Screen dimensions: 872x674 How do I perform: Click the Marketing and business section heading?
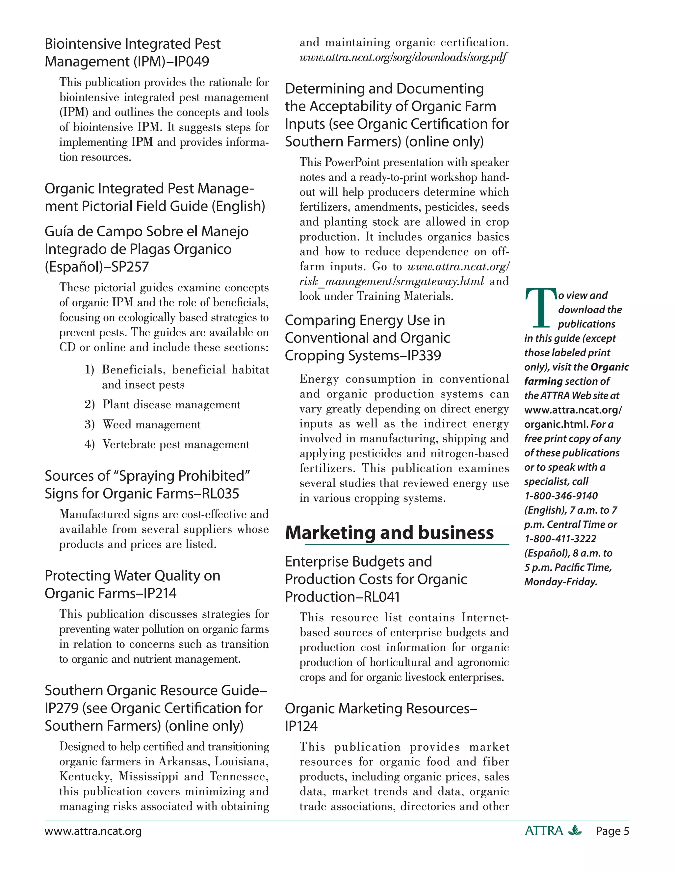coord(389,533)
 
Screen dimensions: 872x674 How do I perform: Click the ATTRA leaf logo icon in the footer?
coord(575,831)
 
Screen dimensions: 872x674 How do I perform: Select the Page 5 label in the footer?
coord(612,831)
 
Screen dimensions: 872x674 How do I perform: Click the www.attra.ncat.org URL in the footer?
coord(93,831)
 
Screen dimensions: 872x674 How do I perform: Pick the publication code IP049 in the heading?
coord(192,62)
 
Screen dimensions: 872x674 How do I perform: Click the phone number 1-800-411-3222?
coord(560,539)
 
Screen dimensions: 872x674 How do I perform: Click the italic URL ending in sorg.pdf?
coord(403,58)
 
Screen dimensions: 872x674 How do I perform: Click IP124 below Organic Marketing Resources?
coord(301,726)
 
